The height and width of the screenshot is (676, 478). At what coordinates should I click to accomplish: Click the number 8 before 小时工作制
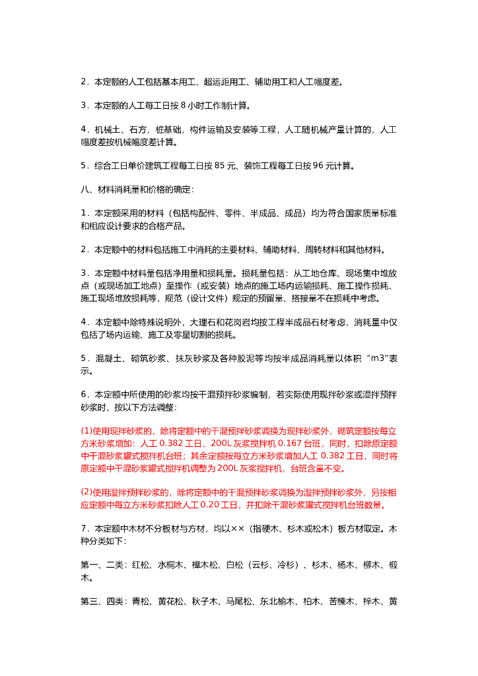183,105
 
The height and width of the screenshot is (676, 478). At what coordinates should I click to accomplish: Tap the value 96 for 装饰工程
318,166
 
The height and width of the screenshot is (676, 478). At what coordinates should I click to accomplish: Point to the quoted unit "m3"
377,358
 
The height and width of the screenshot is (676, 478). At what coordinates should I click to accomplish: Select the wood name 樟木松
203,566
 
